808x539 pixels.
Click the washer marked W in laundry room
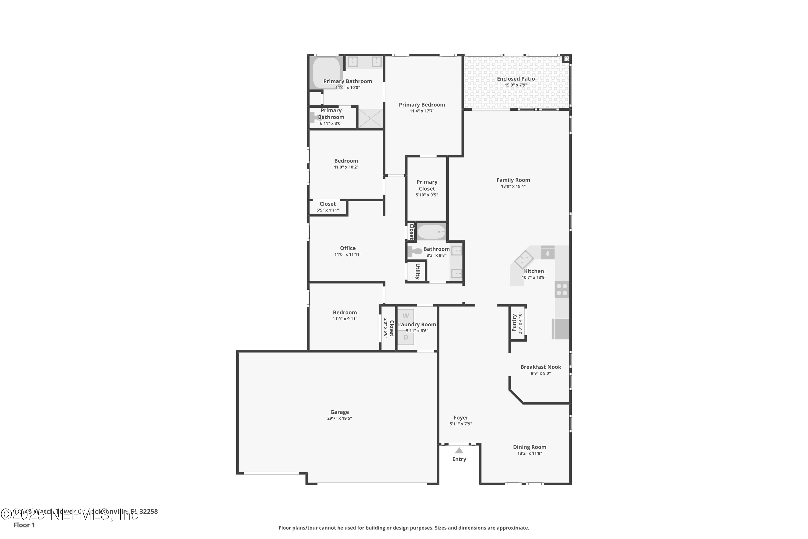(405, 316)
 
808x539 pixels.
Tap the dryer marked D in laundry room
(405, 338)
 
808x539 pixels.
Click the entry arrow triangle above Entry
(459, 451)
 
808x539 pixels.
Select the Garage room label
(339, 412)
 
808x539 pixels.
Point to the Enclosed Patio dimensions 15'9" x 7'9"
(516, 85)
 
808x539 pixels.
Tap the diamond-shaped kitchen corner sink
(524, 260)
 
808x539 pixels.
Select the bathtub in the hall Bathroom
(431, 232)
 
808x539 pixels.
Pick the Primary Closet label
(427, 185)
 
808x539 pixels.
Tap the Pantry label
(514, 323)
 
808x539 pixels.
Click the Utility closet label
(417, 271)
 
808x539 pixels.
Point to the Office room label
(348, 248)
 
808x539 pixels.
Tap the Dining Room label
(530, 447)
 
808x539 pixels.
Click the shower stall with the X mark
(370, 119)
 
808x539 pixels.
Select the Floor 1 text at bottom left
(24, 525)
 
